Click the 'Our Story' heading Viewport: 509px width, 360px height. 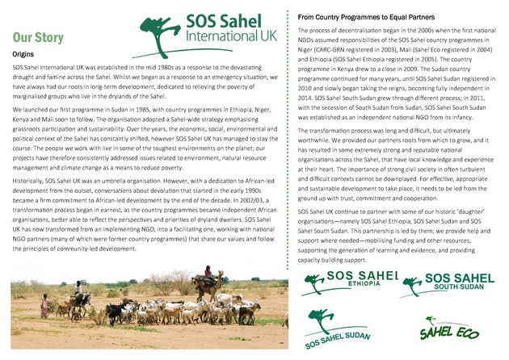[x=38, y=37]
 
